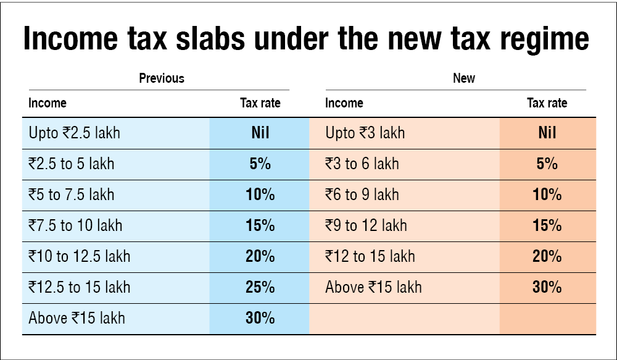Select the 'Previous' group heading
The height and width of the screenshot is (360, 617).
click(162, 78)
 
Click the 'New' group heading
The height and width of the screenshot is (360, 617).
click(464, 78)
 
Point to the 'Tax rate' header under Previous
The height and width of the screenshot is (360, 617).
click(260, 103)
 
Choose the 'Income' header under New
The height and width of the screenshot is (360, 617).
click(344, 103)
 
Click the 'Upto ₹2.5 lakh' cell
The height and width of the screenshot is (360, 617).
click(75, 133)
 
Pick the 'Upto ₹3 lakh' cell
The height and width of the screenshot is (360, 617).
click(365, 133)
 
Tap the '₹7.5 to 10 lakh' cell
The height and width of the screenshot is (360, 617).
click(75, 225)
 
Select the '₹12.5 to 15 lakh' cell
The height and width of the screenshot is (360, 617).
click(79, 287)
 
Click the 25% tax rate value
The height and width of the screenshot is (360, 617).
click(260, 287)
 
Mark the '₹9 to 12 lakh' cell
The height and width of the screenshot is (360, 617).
click(366, 225)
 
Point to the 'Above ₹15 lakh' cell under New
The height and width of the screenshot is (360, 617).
click(373, 287)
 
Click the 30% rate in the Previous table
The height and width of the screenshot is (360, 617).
click(260, 318)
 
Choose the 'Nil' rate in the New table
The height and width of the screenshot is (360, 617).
click(547, 133)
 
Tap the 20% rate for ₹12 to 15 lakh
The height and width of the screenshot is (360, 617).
click(547, 256)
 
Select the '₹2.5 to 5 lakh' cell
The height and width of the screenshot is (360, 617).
click(71, 164)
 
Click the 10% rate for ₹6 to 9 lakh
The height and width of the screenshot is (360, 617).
click(547, 195)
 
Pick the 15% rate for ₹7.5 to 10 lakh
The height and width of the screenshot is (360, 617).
click(260, 225)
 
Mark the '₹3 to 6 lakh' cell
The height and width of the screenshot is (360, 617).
click(362, 164)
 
